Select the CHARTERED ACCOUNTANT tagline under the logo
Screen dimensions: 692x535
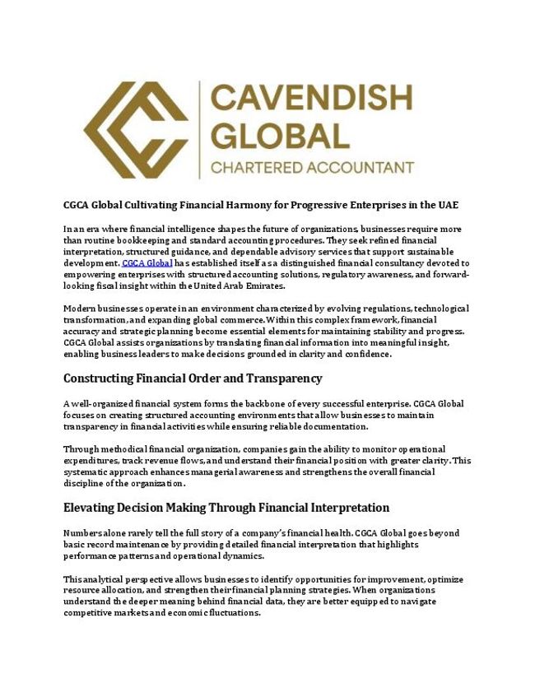point(312,168)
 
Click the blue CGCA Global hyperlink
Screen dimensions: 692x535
point(147,263)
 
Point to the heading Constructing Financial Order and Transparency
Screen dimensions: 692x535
point(193,379)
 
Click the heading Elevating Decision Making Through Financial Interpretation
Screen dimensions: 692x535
point(226,508)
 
